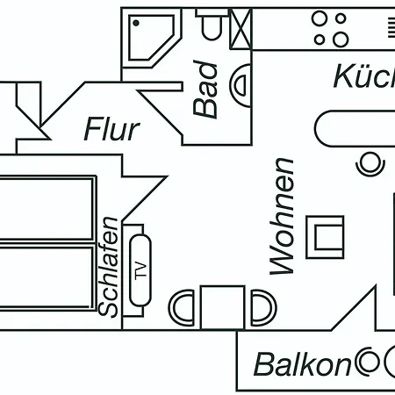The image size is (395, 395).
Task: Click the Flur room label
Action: tap(111, 129)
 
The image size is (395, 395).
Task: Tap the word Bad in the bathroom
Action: tap(205, 89)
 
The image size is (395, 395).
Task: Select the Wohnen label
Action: tap(282, 216)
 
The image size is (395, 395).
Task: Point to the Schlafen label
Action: tap(109, 266)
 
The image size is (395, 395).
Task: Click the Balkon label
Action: tap(302, 363)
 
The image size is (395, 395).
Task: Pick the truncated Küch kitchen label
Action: tap(363, 77)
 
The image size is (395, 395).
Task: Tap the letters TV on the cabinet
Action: tap(138, 269)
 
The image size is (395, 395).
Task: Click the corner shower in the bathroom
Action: tap(150, 34)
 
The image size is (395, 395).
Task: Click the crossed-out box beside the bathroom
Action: tap(240, 28)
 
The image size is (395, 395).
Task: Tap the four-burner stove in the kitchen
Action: tap(331, 28)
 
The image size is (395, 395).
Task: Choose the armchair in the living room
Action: tap(326, 236)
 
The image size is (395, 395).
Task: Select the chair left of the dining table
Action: tap(183, 308)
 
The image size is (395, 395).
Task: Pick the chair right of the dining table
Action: tap(261, 308)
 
